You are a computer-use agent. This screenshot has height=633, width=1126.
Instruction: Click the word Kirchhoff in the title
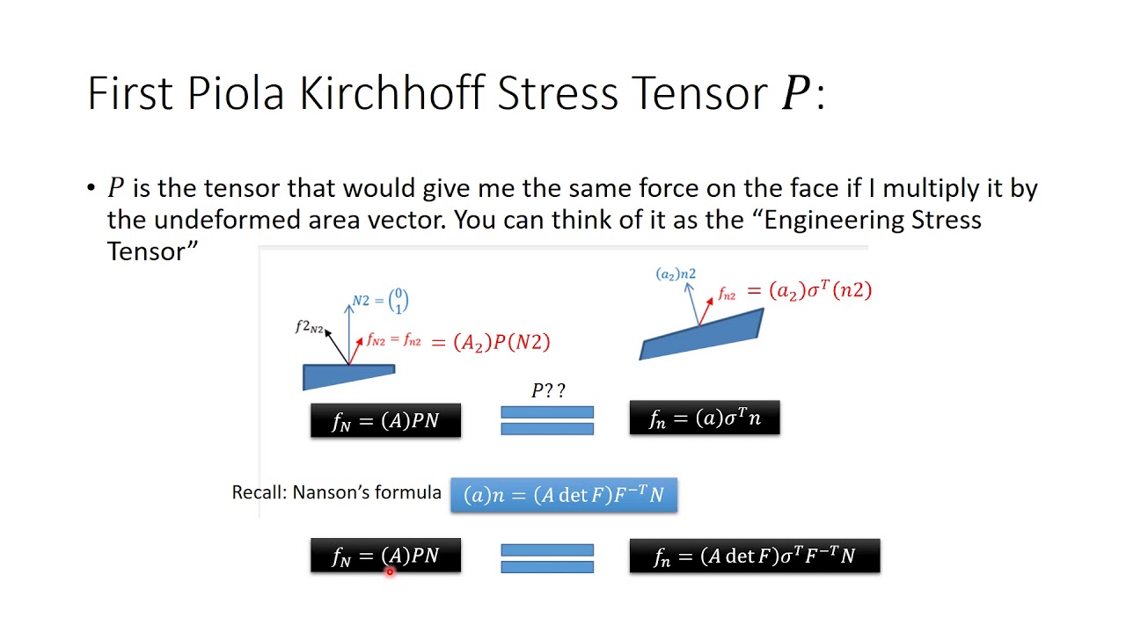point(392,93)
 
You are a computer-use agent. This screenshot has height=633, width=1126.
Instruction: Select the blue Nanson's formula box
point(564,495)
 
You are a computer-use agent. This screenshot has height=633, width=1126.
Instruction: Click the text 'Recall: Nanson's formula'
point(336,492)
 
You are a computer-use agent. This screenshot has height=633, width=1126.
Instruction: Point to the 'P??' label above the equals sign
point(547,390)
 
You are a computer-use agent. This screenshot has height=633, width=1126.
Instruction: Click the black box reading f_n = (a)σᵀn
point(704,418)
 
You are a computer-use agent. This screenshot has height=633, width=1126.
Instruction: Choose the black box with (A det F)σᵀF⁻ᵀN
point(754,556)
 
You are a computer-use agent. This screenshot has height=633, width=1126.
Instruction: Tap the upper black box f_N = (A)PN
point(385,420)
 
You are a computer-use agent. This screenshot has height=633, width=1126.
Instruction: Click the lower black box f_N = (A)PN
point(385,556)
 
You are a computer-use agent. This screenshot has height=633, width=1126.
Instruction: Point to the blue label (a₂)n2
point(676,274)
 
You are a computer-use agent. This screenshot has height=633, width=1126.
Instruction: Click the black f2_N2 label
point(309,327)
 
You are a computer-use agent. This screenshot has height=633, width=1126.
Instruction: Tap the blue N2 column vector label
point(380,302)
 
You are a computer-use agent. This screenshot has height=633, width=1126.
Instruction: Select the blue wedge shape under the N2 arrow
point(347,376)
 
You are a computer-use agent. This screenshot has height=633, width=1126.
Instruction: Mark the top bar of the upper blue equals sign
point(547,411)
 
